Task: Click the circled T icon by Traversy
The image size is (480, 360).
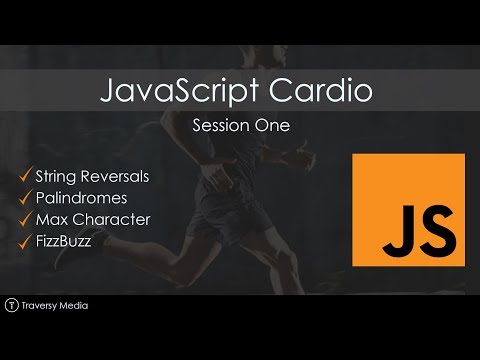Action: coord(11,304)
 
